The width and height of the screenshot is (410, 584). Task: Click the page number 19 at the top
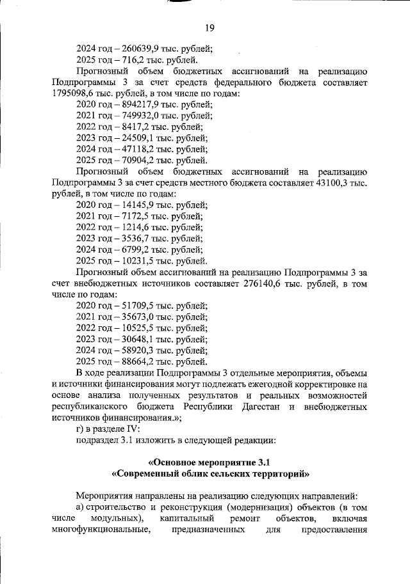(209, 28)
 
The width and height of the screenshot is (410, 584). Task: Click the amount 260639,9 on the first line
(137, 48)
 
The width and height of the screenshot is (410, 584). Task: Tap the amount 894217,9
(137, 104)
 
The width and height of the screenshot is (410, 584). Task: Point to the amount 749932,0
(137, 116)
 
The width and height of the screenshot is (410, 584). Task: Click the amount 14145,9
(135, 205)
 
